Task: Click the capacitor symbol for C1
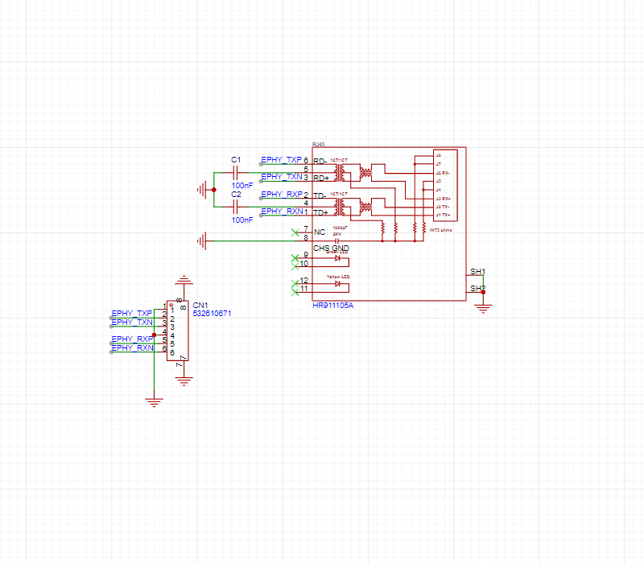pos(236,172)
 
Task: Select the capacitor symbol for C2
pos(236,207)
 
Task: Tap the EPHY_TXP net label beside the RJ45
pos(281,159)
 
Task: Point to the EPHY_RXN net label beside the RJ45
pos(282,212)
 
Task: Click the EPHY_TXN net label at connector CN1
pos(132,322)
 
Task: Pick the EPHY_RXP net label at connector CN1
pos(132,339)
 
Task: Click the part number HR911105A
pos(333,306)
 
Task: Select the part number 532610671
pos(212,314)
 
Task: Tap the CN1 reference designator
pos(200,306)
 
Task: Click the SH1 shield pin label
pos(477,272)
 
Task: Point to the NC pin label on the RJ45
pos(320,232)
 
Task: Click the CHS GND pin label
pos(331,249)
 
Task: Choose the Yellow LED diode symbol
pos(338,284)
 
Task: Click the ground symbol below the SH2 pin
pos(483,305)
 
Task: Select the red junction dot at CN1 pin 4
pos(154,335)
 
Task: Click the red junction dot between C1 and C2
pos(213,190)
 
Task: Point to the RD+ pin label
pos(320,178)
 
